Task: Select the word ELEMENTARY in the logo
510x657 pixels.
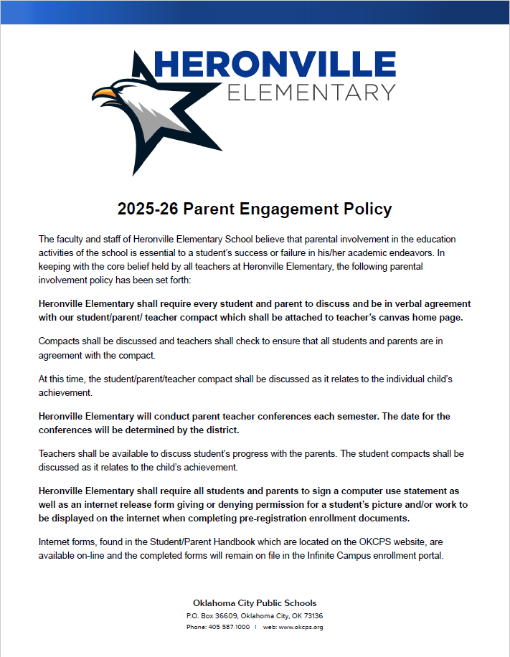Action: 311,93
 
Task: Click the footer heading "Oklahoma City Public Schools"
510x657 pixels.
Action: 255,603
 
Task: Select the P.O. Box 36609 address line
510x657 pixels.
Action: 255,616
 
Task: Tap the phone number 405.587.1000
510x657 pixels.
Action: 228,627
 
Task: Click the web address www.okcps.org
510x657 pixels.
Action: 301,627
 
